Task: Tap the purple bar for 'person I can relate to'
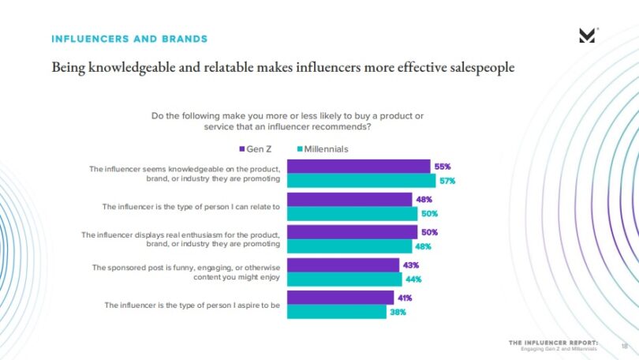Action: click(349, 200)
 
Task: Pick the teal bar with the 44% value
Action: click(344, 279)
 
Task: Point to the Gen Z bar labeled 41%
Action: click(340, 298)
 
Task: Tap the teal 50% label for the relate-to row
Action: click(429, 213)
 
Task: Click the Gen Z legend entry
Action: click(255, 148)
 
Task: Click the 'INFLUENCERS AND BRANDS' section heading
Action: click(129, 38)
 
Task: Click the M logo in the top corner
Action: click(587, 35)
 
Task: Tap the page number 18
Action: click(624, 344)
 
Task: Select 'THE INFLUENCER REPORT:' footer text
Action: click(553, 342)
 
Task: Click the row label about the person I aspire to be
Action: click(192, 304)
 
